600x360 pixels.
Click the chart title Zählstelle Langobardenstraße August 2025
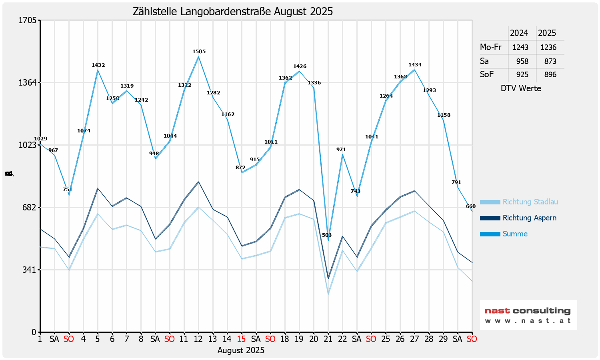[x=233, y=11]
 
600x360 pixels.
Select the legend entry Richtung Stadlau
[x=530, y=202]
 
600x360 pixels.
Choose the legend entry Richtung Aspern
[x=529, y=218]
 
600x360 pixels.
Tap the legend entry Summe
[x=515, y=234]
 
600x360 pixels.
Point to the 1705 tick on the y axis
[x=28, y=20]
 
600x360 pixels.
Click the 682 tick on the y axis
[x=30, y=207]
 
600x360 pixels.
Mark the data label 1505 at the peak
[x=199, y=52]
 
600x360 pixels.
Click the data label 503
[x=327, y=235]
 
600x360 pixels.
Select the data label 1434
[x=415, y=65]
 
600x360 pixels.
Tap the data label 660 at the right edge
[x=471, y=206]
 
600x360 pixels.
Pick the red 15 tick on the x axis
[x=241, y=339]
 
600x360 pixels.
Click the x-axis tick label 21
[x=328, y=339]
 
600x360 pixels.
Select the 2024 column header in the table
[x=519, y=33]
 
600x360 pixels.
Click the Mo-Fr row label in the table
[x=490, y=47]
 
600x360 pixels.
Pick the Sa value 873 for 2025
[x=550, y=61]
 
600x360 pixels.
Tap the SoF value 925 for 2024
[x=522, y=74]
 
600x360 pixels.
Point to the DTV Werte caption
[x=521, y=88]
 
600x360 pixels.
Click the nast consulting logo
[x=528, y=315]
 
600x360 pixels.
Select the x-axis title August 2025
[x=241, y=350]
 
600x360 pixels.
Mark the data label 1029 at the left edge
[x=40, y=139]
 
